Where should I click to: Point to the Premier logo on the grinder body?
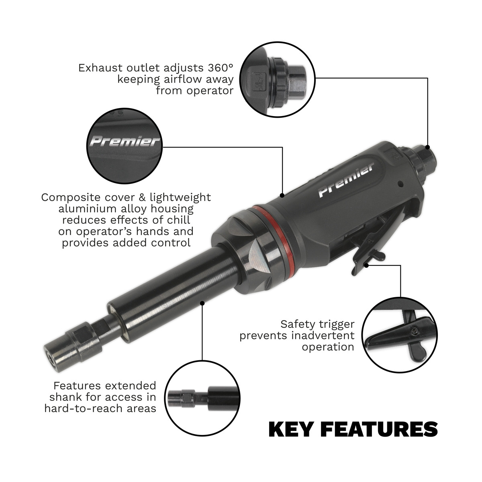346,180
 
